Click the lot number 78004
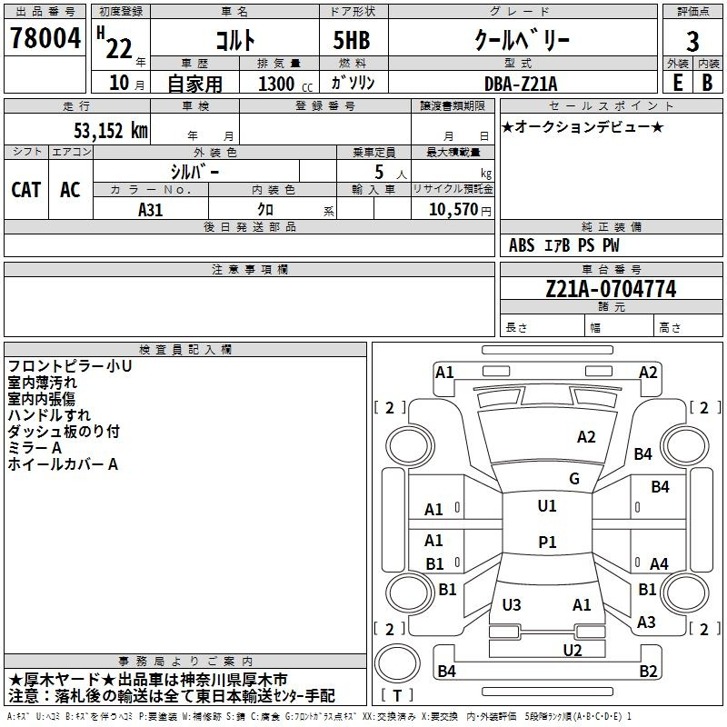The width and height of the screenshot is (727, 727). [44, 39]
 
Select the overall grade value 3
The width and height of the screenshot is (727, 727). [692, 42]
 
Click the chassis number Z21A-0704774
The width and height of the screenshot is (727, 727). [611, 290]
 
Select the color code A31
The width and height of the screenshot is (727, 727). [151, 209]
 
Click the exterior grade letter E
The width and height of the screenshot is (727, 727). [677, 82]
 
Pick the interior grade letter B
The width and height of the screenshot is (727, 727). [708, 82]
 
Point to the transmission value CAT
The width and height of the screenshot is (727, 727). [26, 189]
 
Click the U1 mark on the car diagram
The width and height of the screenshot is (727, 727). [547, 506]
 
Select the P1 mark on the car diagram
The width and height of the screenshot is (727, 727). [547, 542]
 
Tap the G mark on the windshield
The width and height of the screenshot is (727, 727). [574, 479]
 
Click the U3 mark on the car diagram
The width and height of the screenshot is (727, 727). [512, 605]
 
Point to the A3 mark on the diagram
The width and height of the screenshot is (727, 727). [646, 622]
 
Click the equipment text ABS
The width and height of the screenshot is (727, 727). [522, 245]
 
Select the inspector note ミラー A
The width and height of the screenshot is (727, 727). [35, 448]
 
